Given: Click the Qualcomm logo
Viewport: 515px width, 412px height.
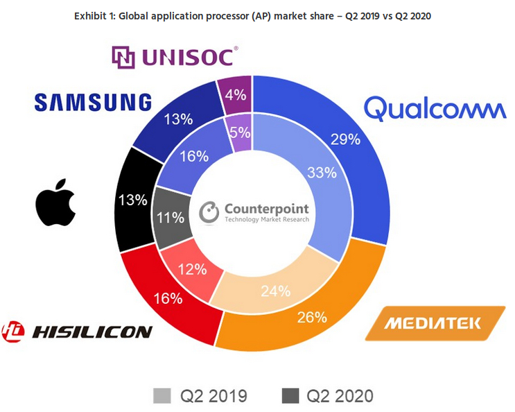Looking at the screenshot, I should [435, 109].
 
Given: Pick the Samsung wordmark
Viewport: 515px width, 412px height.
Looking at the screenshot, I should [93, 103].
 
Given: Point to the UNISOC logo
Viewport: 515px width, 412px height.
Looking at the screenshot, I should [175, 58].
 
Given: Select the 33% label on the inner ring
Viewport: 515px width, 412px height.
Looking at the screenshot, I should [300, 173].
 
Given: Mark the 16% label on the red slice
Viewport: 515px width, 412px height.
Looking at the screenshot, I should [169, 299].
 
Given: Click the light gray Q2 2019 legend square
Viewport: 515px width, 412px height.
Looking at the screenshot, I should [162, 395].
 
